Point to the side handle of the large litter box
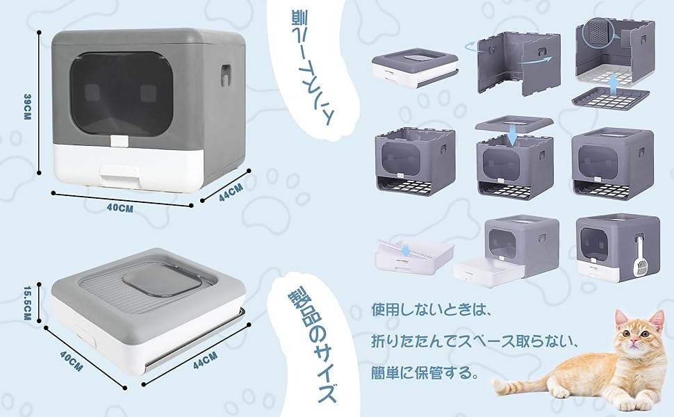click(224, 75)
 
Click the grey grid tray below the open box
click(610, 97)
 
